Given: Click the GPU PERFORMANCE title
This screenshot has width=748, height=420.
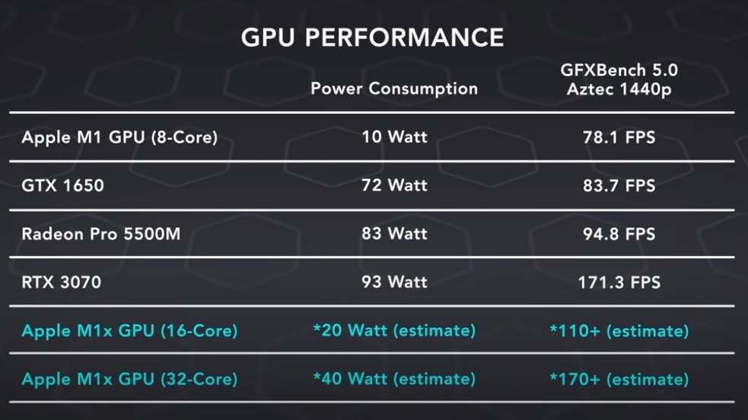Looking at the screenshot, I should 372,38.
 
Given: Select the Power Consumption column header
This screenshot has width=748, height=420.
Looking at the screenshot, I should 394,88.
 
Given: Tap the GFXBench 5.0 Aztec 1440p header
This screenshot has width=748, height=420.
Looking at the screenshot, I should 619,80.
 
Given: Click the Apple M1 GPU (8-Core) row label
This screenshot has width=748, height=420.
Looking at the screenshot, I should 119,138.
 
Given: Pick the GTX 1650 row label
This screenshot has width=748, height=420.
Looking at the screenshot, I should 62,185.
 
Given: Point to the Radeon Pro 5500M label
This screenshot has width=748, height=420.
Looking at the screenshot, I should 101,233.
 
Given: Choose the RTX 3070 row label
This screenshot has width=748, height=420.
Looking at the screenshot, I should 61,282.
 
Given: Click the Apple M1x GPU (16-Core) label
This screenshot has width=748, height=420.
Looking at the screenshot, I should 129,331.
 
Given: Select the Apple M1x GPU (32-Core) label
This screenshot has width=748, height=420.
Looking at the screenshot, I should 129,379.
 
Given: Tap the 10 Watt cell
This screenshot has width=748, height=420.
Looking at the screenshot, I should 394,138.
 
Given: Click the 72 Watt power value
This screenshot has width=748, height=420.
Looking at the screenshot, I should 394,185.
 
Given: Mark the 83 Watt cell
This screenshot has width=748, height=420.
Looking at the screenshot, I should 394,233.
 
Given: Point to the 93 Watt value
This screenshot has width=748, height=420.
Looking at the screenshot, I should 394,282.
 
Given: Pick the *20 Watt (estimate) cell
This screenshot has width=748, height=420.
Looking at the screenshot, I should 394,331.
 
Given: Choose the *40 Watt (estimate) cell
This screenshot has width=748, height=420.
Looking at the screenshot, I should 394,379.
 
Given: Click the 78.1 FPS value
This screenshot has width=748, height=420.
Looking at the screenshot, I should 619,138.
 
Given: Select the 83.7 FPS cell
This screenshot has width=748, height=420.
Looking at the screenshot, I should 619,185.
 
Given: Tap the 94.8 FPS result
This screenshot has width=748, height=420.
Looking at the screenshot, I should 619,233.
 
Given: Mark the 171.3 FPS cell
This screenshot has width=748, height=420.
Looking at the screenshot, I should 619,282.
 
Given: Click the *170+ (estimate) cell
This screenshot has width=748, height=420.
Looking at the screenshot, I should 619,379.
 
